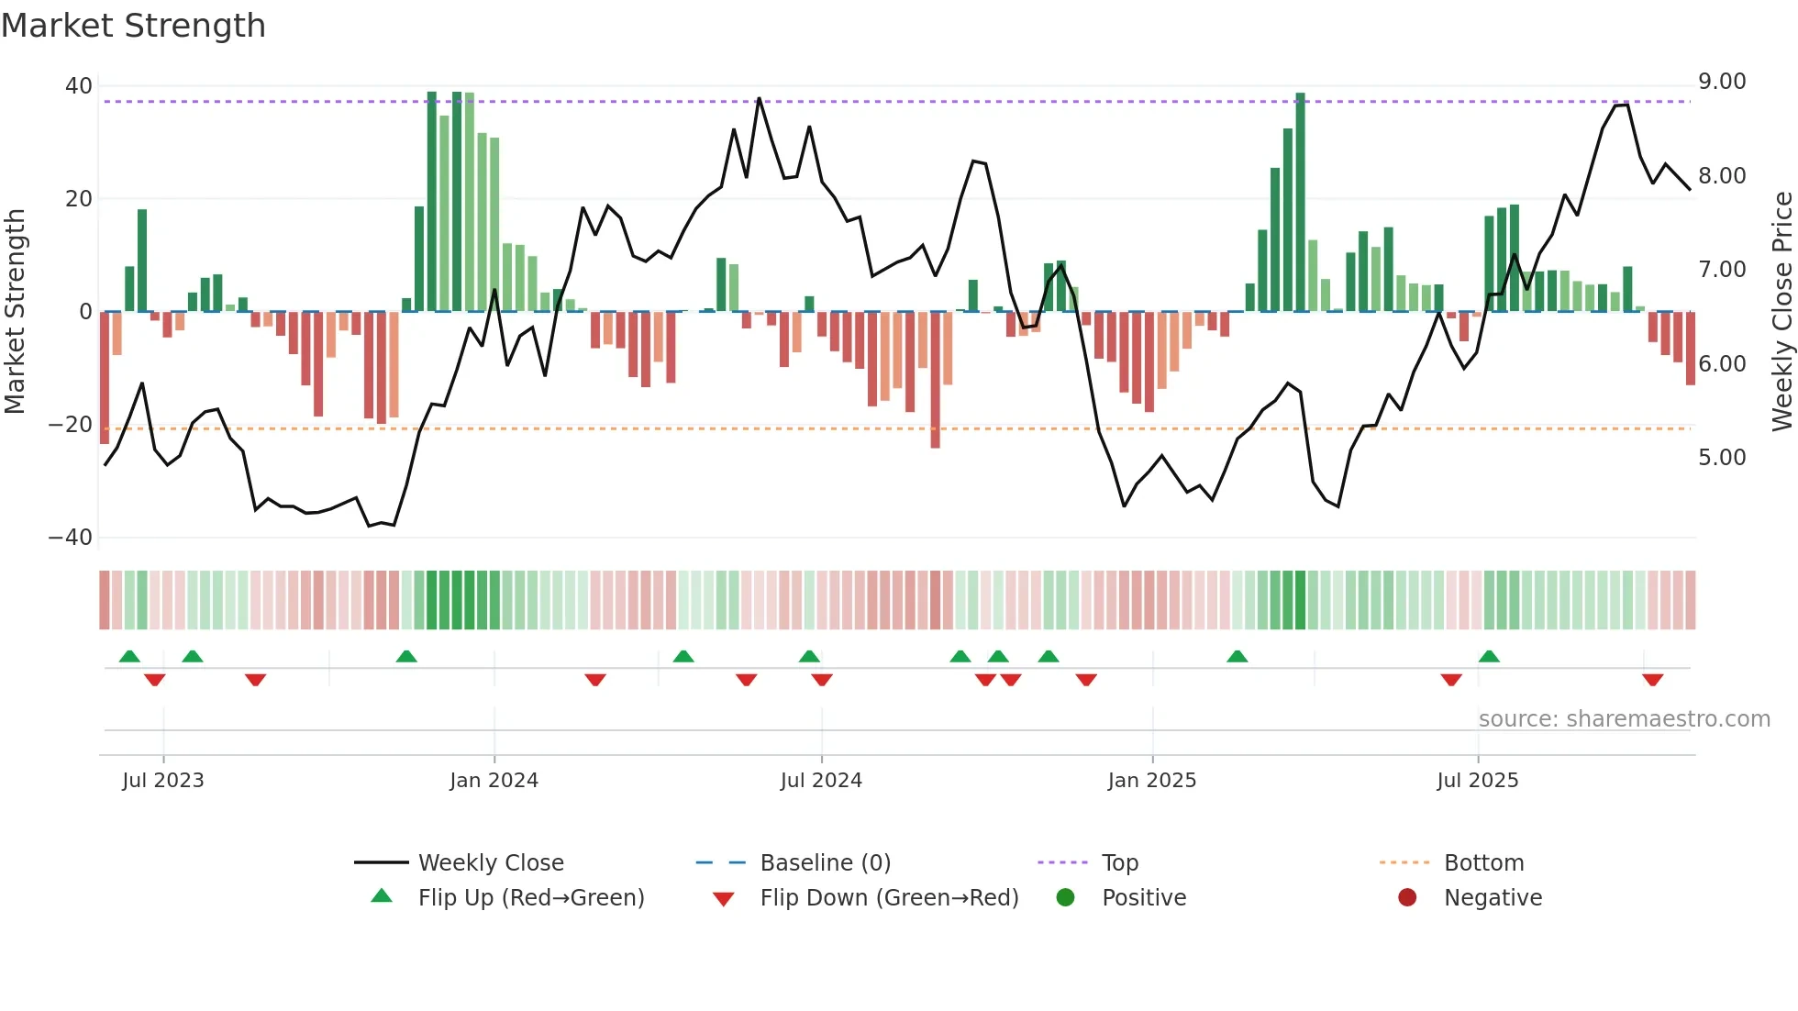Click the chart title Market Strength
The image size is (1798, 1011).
click(x=133, y=26)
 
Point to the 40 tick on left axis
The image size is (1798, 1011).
click(x=79, y=86)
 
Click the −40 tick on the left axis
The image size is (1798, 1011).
click(x=71, y=538)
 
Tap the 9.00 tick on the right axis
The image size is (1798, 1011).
click(x=1722, y=82)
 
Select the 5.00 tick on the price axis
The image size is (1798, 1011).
click(x=1722, y=458)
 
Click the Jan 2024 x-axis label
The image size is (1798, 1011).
click(x=494, y=781)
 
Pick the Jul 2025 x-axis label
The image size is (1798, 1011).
click(x=1477, y=781)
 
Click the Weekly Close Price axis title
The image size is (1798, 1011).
click(x=1781, y=311)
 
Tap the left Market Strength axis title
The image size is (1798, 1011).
click(x=16, y=311)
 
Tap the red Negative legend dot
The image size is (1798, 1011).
click(x=1407, y=898)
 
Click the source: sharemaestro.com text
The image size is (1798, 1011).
click(x=1624, y=719)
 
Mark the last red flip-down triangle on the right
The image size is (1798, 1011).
click(x=1652, y=680)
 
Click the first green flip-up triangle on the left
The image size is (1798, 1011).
click(x=129, y=656)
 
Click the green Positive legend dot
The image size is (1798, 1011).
click(x=1065, y=898)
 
